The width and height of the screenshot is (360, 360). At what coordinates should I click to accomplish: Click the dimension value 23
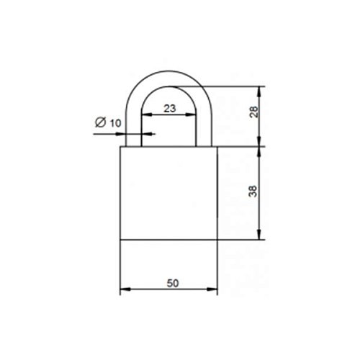coord(170,109)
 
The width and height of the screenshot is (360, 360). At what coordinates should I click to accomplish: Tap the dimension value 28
coord(253,112)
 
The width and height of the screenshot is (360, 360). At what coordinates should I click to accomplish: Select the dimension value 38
coord(253,192)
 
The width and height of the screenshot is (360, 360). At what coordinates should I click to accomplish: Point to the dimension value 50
coord(173,284)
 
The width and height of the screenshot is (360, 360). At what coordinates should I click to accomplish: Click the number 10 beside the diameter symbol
coord(115,123)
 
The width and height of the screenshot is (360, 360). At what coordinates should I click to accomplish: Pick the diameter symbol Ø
coord(100,122)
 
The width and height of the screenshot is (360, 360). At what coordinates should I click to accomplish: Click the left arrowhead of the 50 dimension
coord(125,289)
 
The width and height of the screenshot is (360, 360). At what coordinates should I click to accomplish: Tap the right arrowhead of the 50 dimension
coord(212,289)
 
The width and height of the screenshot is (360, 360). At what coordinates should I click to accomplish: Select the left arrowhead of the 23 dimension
coord(147,114)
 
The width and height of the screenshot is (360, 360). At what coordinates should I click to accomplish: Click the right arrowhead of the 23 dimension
coord(191,114)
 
